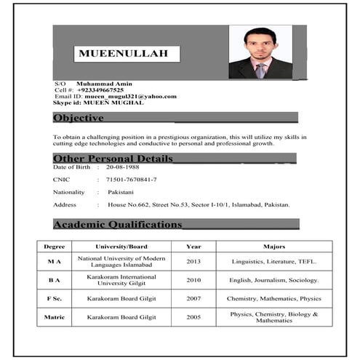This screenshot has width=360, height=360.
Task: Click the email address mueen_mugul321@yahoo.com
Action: coord(130,96)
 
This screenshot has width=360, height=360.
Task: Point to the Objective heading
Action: coord(78,118)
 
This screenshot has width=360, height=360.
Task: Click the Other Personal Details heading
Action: coord(113,159)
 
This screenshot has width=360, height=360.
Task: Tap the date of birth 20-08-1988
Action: coord(122,167)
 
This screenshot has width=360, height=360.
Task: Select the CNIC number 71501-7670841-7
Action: coord(131,179)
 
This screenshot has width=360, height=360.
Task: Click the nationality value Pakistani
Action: coord(121,192)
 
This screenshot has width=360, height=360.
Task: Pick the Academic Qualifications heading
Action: coord(117,225)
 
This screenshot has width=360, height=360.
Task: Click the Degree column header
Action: coord(54,247)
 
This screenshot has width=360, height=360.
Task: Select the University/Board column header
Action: coord(121,247)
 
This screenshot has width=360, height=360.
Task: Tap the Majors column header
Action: coord(274,247)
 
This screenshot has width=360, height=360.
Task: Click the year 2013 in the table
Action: coord(193,261)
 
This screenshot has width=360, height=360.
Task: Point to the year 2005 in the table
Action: coord(193,317)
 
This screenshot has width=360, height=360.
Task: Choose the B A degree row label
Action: coord(54,280)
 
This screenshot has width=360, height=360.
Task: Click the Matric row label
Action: coord(54,317)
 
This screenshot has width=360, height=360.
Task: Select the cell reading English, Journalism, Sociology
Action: coord(274,280)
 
